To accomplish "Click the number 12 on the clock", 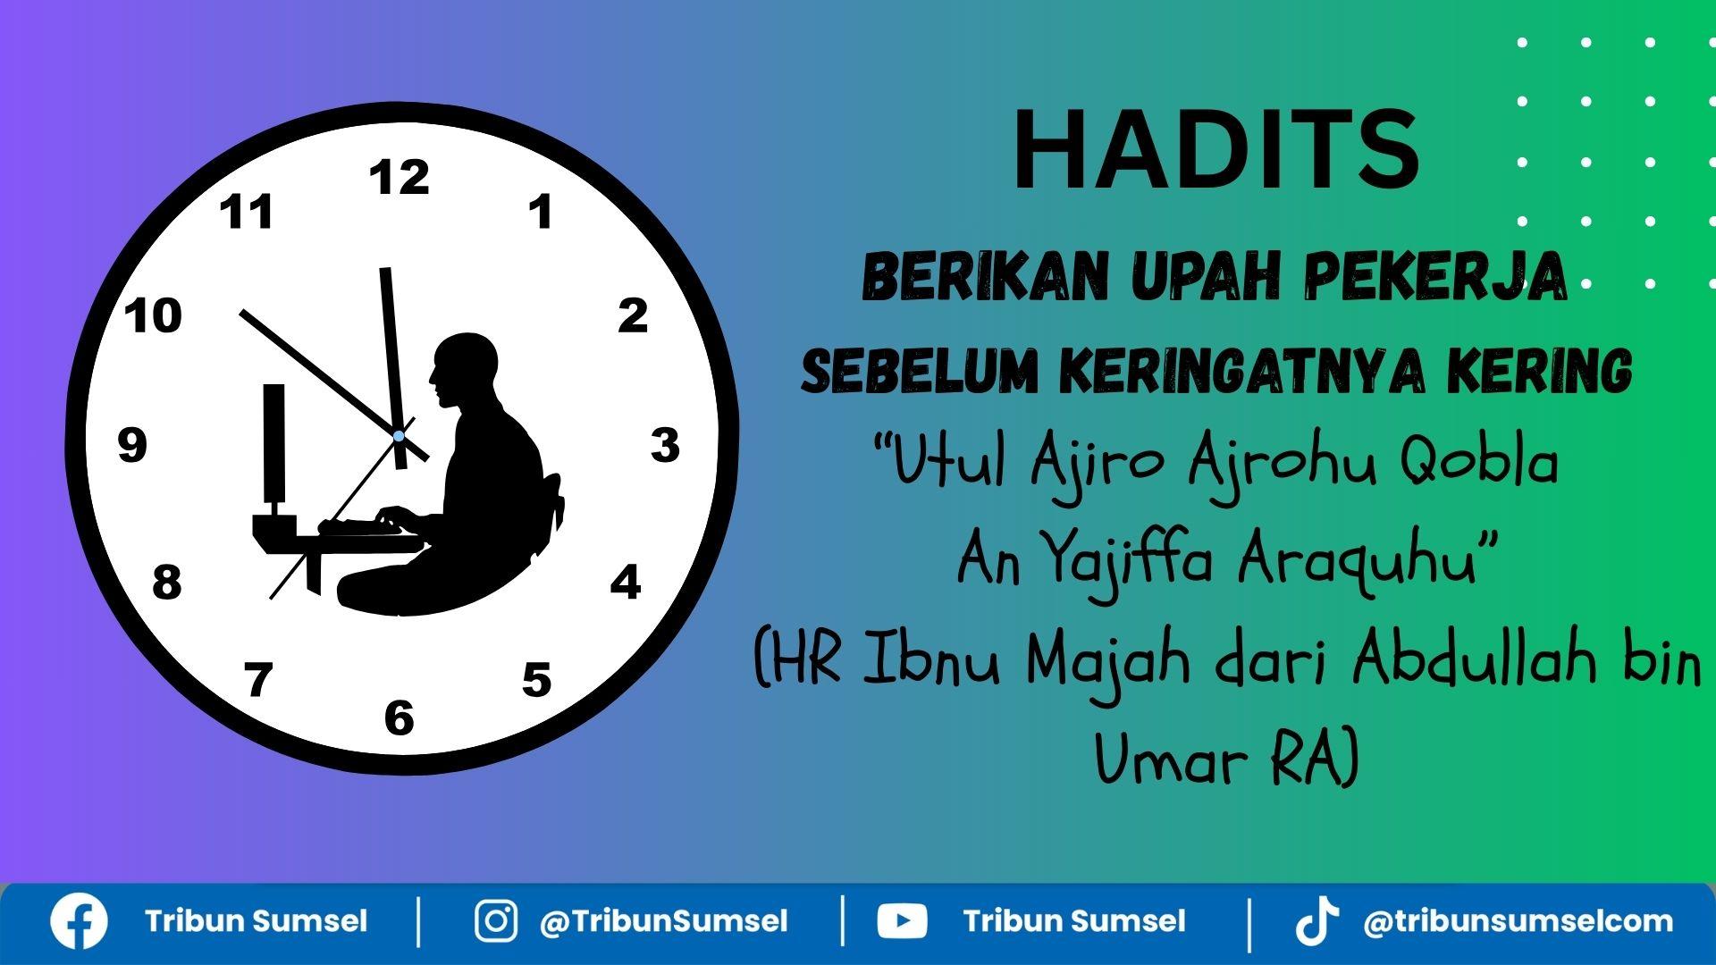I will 400,177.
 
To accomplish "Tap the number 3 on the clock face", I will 665,445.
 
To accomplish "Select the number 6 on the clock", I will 400,718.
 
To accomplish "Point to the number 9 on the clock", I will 132,445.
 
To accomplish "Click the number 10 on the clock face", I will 153,316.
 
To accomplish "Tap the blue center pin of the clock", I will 399,436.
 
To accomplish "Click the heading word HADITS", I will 1216,150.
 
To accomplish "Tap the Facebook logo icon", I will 79,921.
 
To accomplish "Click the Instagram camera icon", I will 496,921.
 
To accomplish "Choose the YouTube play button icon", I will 902,921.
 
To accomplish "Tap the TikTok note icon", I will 1317,921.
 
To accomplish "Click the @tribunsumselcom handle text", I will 1518,921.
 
